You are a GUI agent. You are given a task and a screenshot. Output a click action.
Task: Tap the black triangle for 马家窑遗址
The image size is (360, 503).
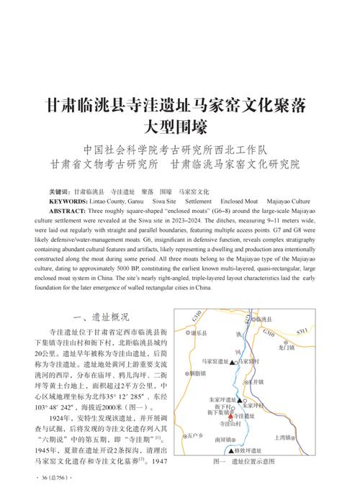(232, 362)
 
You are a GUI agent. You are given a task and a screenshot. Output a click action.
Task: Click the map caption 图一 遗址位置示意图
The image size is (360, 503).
(245, 461)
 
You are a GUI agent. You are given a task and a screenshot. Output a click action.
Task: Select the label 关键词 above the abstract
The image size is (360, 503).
(59, 192)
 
